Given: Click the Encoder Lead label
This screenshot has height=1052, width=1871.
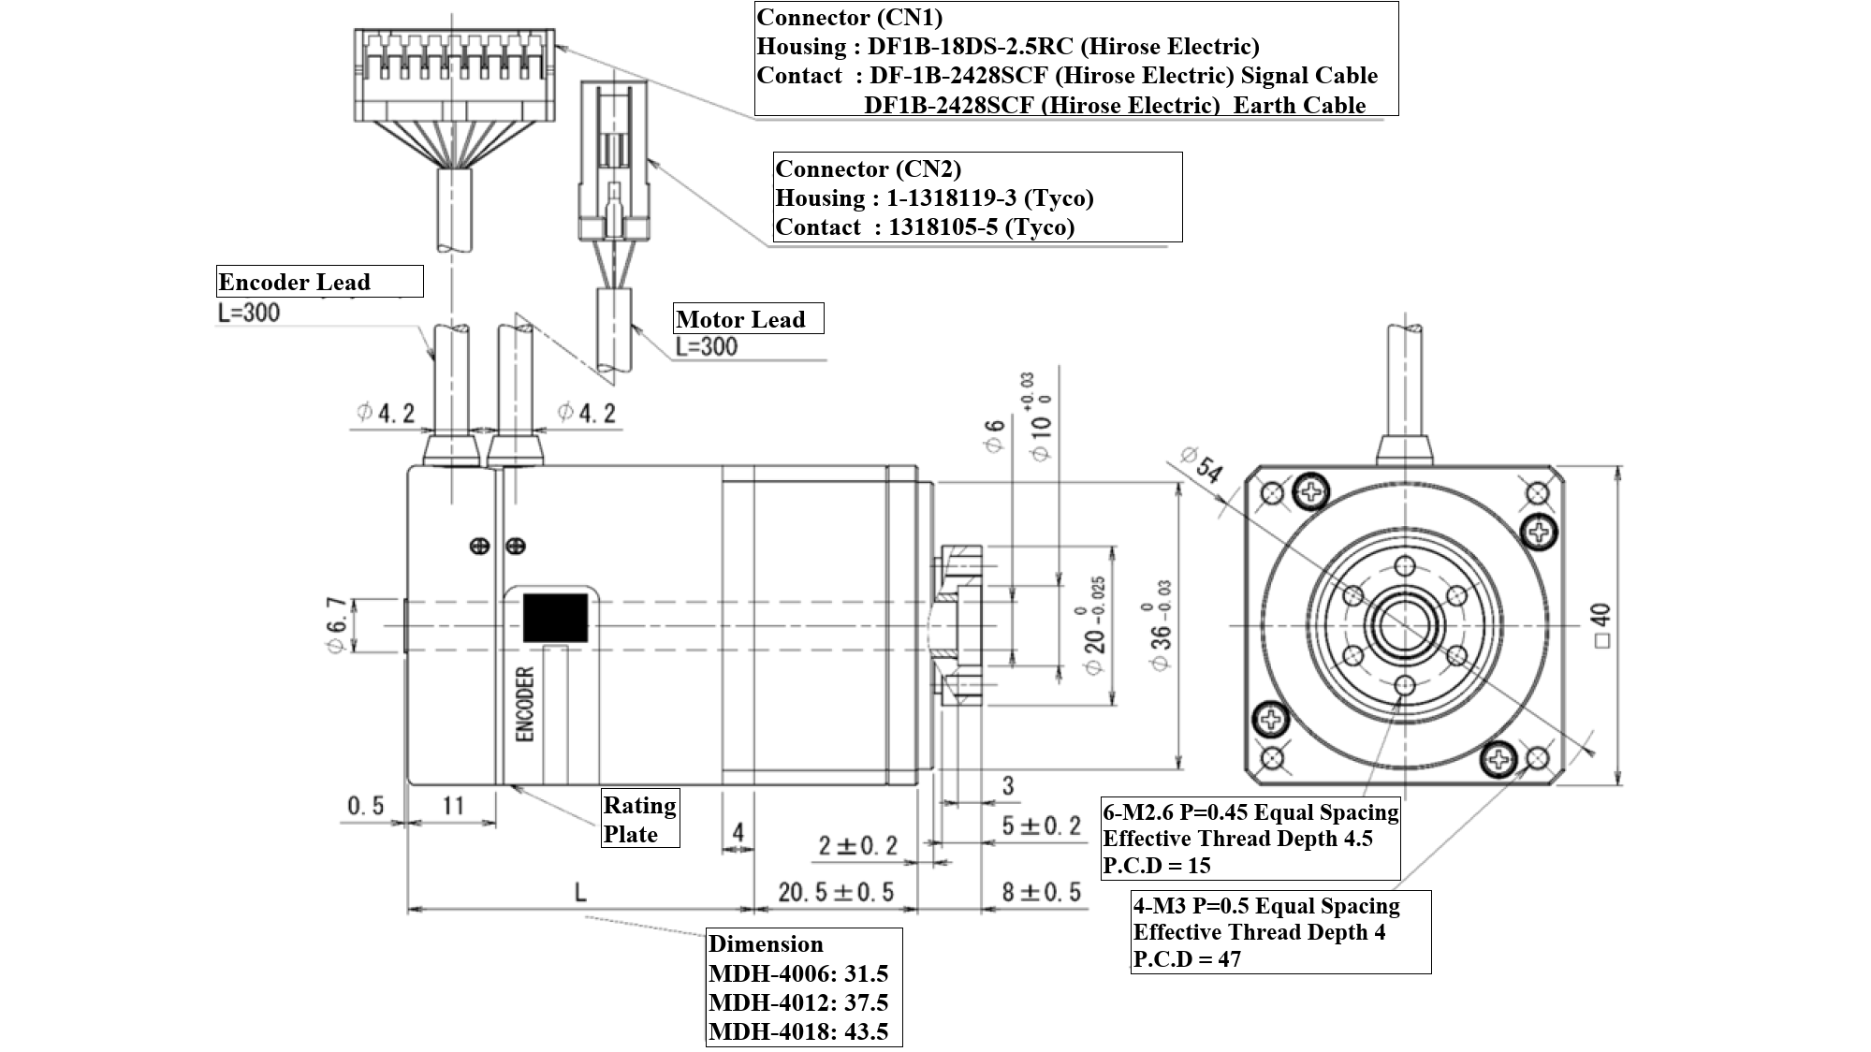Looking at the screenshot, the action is coord(294,282).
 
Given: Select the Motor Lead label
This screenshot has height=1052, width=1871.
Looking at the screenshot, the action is coord(740,319).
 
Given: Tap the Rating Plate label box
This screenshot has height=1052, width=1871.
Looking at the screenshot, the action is coord(640,819).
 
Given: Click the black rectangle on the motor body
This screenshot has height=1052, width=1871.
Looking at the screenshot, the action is coord(555,618).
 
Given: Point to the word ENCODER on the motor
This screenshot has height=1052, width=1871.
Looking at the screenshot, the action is coord(525,704).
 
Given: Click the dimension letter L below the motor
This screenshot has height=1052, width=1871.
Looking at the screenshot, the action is coord(580,892).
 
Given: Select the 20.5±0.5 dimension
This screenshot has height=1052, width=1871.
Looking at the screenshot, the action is coord(835,892).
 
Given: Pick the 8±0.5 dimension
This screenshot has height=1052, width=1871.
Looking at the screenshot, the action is coord(1041,892).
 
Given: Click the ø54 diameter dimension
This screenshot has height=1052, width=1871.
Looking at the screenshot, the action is coord(1202,464).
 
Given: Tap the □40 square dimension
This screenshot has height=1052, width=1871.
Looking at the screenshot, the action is coord(1601,625).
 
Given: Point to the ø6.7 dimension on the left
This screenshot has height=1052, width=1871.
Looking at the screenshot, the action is coord(337,625).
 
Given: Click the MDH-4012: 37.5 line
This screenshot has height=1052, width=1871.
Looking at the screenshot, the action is coord(798,1002).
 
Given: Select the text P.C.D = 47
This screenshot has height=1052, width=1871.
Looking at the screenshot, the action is coord(1187,958).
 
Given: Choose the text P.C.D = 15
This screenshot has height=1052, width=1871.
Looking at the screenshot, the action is coord(1157,865).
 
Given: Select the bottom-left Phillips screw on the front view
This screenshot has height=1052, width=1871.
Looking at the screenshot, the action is coord(1271,719).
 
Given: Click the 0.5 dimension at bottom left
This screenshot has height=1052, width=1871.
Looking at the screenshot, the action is coord(366,805).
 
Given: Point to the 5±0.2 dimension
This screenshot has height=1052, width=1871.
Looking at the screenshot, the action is coord(1041,826).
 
